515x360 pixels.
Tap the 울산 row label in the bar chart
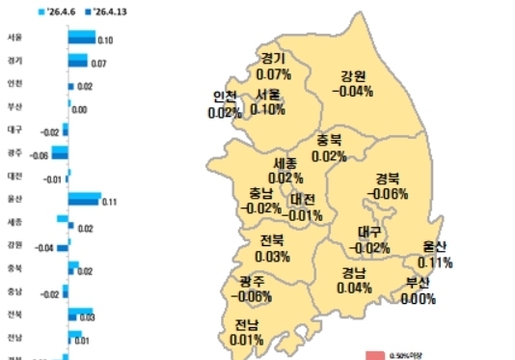[14, 199]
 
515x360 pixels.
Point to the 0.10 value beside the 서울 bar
[106, 41]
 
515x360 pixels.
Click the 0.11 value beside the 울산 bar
[109, 203]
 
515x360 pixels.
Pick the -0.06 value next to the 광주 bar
[40, 155]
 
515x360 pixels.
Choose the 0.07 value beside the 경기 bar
[98, 64]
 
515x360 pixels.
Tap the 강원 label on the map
[353, 76]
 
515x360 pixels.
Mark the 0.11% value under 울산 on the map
[436, 263]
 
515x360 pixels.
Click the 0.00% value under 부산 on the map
[419, 299]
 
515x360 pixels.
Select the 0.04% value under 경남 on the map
[355, 288]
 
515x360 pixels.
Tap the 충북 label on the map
[329, 141]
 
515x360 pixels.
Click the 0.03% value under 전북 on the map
[273, 257]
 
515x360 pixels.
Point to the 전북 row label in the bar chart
[14, 315]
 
